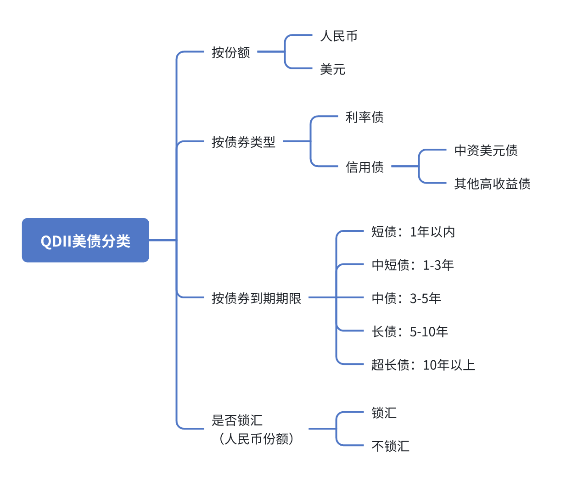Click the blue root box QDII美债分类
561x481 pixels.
85,240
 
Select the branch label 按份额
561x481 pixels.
230,52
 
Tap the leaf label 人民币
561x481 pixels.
339,36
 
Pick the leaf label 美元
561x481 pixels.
332,69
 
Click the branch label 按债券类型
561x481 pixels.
243,142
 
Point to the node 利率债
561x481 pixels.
365,117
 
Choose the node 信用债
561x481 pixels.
365,167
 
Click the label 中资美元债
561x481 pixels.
486,150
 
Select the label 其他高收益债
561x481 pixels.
492,184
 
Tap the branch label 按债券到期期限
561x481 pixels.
256,298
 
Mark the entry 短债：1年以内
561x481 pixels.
413,232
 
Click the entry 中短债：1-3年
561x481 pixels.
412,265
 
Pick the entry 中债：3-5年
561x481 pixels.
406,298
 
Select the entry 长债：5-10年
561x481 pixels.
410,331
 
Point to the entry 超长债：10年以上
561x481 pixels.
423,365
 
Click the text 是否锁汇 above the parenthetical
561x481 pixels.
237,419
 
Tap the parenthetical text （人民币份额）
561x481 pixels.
256,439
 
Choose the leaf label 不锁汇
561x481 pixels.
390,446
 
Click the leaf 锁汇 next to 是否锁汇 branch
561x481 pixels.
384,413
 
